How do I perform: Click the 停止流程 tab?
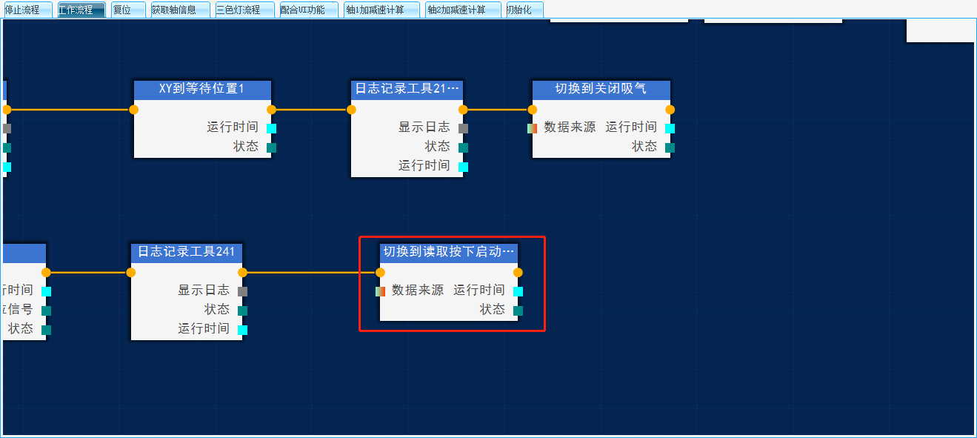[27, 10]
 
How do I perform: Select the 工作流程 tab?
[81, 10]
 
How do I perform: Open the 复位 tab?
[127, 10]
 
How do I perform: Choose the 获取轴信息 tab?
[180, 10]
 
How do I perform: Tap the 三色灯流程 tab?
[244, 10]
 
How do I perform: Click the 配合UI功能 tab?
[308, 10]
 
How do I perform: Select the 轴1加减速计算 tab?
[381, 10]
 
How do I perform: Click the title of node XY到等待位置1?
[201, 89]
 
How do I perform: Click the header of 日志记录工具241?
[186, 252]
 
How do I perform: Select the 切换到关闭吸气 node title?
[601, 89]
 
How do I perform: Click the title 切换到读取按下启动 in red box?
[448, 252]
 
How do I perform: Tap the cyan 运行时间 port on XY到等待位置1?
[271, 128]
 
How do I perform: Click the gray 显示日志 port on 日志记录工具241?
[242, 291]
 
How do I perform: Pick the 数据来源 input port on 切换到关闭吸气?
[532, 128]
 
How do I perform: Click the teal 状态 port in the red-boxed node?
[518, 311]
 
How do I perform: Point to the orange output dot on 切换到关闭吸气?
[670, 110]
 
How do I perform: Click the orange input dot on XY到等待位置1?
[134, 110]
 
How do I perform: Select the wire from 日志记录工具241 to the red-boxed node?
[311, 272]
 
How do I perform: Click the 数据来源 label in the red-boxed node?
[418, 291]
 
